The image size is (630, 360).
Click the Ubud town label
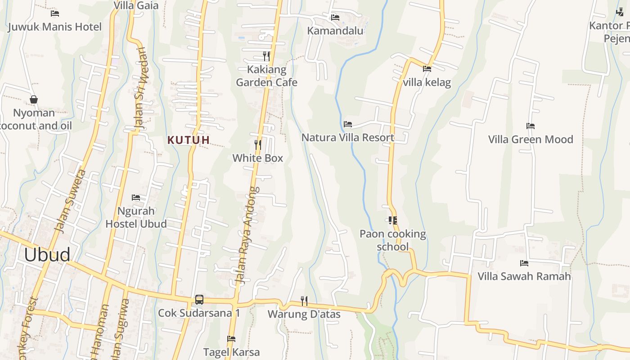47,255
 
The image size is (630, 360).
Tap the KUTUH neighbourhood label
189,140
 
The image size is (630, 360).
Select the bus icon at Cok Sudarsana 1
199,299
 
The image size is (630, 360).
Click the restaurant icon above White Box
258,144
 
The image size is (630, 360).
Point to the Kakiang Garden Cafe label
266,76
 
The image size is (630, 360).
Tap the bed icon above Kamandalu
335,18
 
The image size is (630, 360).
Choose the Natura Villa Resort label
348,137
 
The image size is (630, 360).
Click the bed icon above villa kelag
427,69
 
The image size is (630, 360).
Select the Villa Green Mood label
531,139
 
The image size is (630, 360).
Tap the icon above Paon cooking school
392,220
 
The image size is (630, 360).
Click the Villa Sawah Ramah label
524,276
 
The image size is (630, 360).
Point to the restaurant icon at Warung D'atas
304,300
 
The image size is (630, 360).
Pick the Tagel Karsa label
231,351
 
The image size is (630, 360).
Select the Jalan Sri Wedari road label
140,88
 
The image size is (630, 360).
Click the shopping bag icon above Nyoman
33,99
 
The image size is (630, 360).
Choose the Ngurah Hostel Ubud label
136,217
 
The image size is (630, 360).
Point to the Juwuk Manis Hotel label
55,27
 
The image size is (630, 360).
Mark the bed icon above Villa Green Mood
531,126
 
